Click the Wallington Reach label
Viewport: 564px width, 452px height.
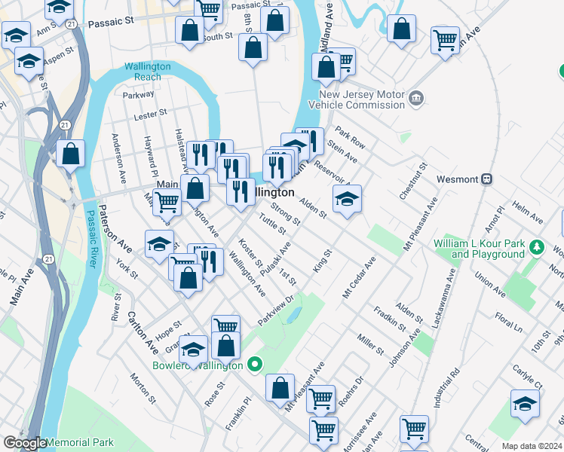(x=148, y=72)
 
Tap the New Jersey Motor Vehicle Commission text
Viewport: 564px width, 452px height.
(x=362, y=100)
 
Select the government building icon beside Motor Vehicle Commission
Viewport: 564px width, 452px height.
(x=415, y=99)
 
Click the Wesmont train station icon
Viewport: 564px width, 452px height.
(x=488, y=179)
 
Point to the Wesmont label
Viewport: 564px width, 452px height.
(x=458, y=180)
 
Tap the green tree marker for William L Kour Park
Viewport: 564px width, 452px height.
(x=536, y=246)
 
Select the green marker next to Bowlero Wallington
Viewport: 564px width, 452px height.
(x=255, y=365)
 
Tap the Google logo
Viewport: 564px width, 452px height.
(x=24, y=443)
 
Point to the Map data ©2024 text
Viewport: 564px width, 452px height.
(x=532, y=446)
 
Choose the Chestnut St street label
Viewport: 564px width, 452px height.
(x=415, y=180)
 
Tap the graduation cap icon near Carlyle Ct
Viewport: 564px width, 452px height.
(x=525, y=404)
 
